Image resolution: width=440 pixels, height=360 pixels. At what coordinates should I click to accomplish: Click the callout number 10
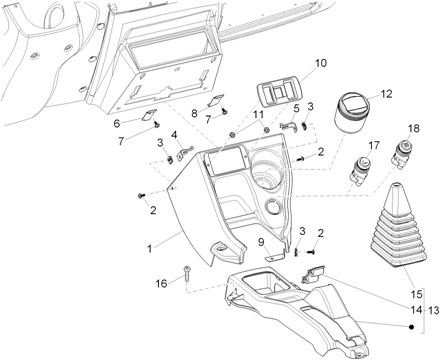[x=321, y=63]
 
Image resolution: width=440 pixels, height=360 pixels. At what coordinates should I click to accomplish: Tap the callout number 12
[x=386, y=94]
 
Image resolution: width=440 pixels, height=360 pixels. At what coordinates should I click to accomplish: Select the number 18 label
[x=413, y=128]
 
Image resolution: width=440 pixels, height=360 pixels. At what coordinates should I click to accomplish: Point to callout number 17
[x=374, y=145]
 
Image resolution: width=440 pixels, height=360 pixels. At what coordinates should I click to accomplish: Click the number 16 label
[x=162, y=283]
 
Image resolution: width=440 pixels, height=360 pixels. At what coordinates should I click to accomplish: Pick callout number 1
[x=150, y=249]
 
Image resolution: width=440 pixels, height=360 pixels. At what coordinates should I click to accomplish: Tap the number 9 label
[x=261, y=242]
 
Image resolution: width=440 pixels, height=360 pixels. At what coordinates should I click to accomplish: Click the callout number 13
[x=434, y=311]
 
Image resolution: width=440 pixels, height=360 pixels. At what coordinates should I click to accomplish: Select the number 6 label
[x=117, y=123]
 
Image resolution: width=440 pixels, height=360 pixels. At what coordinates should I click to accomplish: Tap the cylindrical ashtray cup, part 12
[x=351, y=113]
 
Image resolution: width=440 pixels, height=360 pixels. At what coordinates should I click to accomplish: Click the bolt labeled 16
[x=186, y=274]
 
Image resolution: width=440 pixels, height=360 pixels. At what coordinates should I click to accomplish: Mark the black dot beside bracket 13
[x=411, y=327]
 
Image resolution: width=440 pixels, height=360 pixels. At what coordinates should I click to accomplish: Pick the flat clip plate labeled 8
[x=216, y=100]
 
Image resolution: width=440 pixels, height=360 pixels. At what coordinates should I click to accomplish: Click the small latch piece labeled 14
[x=313, y=274]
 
